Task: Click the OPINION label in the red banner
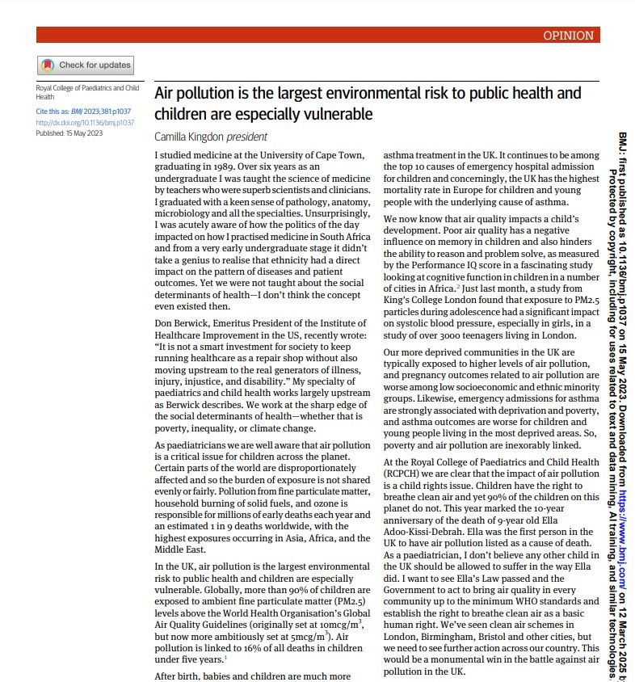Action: click(x=569, y=36)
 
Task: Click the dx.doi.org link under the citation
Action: click(x=69, y=122)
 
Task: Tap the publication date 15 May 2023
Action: click(x=82, y=133)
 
